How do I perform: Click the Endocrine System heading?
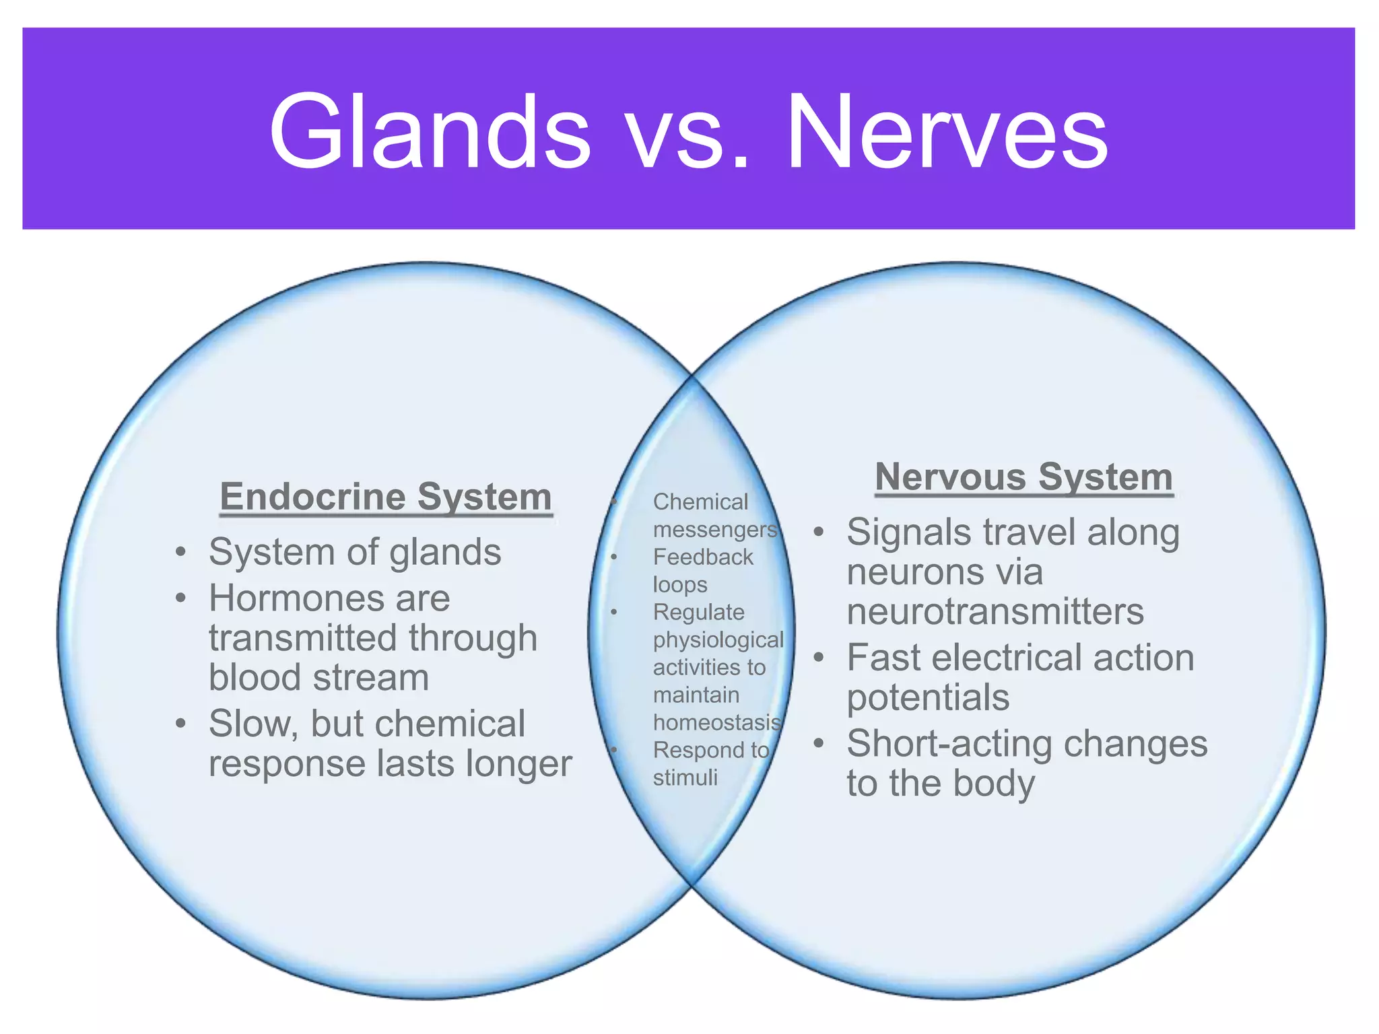pyautogui.click(x=386, y=497)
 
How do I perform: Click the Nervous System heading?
pyautogui.click(x=1023, y=477)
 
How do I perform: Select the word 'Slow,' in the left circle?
pyautogui.click(x=253, y=724)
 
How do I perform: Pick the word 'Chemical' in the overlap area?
pyautogui.click(x=700, y=502)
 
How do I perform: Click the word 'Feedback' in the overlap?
pyautogui.click(x=703, y=557)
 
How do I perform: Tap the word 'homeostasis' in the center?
pyautogui.click(x=717, y=722)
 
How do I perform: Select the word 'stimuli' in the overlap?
pyautogui.click(x=685, y=778)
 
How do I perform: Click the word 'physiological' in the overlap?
pyautogui.click(x=718, y=640)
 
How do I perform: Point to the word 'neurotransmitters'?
pyautogui.click(x=995, y=611)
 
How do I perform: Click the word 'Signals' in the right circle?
pyautogui.click(x=907, y=532)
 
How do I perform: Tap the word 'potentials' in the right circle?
pyautogui.click(x=928, y=697)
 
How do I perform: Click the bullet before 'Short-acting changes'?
pyautogui.click(x=818, y=744)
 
